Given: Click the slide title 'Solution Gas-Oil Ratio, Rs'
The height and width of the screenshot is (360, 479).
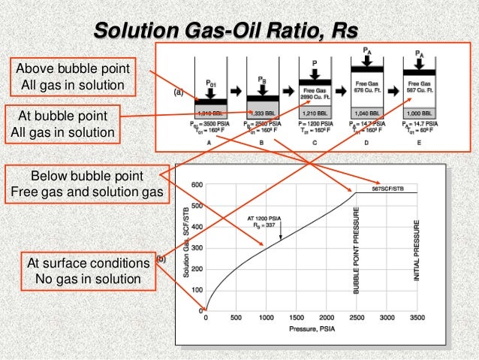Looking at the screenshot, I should click(225, 31).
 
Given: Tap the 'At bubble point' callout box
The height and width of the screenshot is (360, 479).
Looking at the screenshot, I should click(62, 125).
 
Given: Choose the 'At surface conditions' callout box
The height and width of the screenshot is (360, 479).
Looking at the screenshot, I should click(88, 271).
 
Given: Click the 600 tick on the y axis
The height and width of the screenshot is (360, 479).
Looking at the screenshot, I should click(197, 184).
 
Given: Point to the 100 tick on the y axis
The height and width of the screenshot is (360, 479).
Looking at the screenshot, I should click(197, 289).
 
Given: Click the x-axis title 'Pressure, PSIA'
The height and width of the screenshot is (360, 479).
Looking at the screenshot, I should click(309, 330).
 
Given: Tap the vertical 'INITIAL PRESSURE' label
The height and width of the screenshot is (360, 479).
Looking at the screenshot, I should click(417, 252).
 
